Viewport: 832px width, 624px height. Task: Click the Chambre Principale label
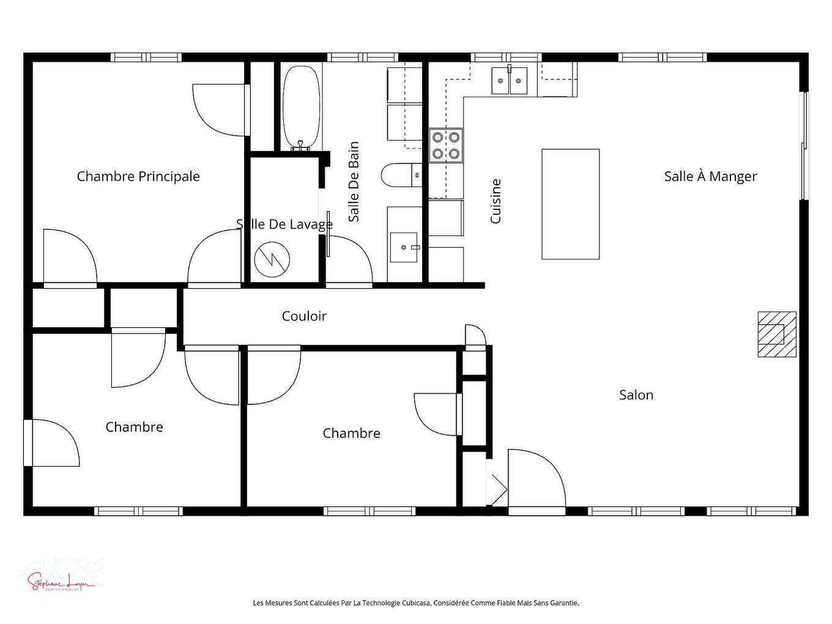pyautogui.click(x=138, y=176)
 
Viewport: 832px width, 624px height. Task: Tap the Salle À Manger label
pyautogui.click(x=710, y=176)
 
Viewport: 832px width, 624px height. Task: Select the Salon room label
pyautogui.click(x=636, y=395)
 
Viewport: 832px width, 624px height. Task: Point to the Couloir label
pyautogui.click(x=304, y=316)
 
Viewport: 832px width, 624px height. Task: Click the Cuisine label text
pyautogui.click(x=496, y=201)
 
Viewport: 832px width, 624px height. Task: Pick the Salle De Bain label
pyautogui.click(x=354, y=182)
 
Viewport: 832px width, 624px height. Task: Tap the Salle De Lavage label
pyautogui.click(x=284, y=225)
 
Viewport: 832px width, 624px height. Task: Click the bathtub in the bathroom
pyautogui.click(x=300, y=107)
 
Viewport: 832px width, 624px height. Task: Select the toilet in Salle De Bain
pyautogui.click(x=400, y=176)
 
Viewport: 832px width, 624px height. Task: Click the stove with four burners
pyautogui.click(x=446, y=145)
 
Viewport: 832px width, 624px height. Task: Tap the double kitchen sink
pyautogui.click(x=509, y=81)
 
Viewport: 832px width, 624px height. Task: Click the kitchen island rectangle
pyautogui.click(x=570, y=204)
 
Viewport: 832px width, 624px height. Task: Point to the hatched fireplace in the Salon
pyautogui.click(x=776, y=334)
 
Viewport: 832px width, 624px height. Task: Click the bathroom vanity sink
pyautogui.click(x=404, y=247)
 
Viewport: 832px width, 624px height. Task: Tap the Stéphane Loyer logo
pyautogui.click(x=61, y=579)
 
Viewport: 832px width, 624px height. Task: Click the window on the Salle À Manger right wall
pyautogui.click(x=805, y=146)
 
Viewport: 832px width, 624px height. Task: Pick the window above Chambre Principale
pyautogui.click(x=146, y=58)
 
